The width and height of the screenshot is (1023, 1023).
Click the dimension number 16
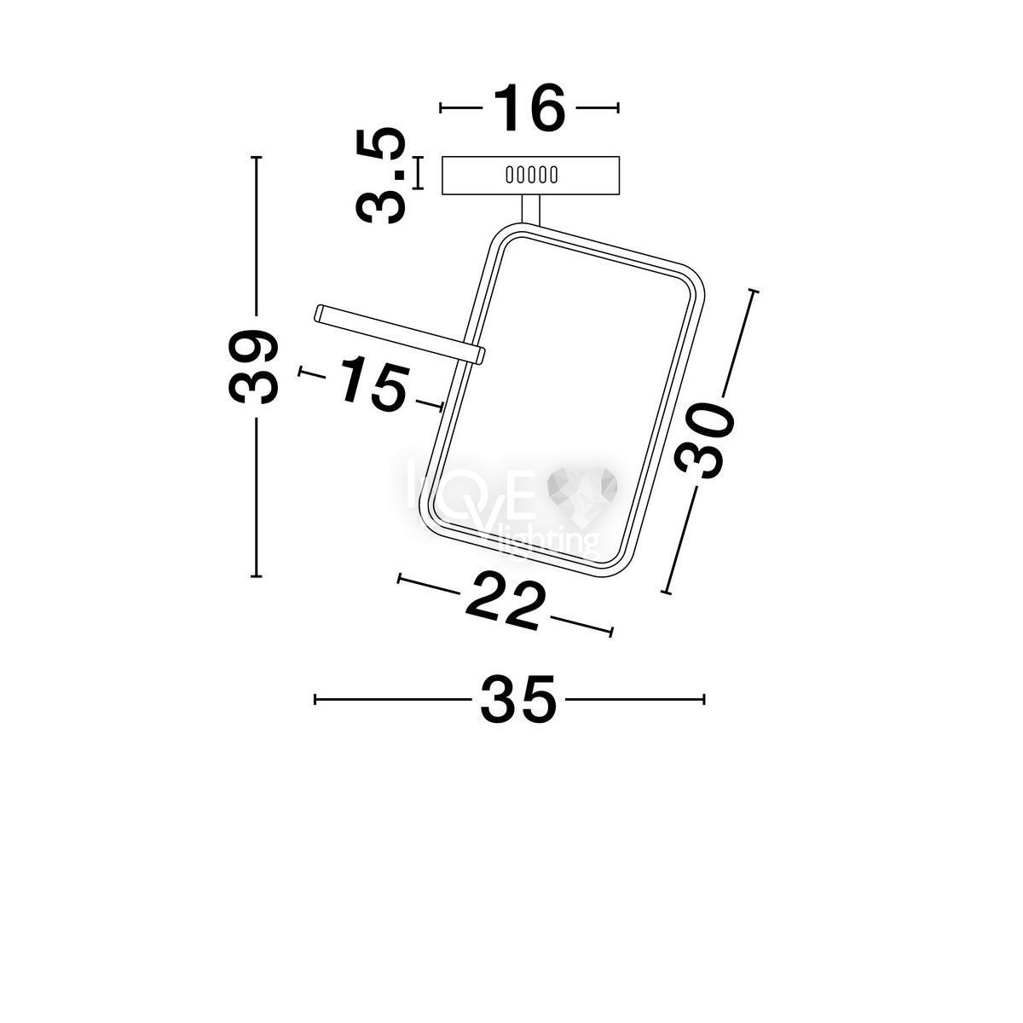click(529, 107)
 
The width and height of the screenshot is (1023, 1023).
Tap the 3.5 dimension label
click(380, 176)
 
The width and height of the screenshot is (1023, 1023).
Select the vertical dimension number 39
click(253, 367)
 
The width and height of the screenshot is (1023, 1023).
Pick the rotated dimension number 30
click(705, 440)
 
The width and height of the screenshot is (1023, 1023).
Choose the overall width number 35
click(518, 700)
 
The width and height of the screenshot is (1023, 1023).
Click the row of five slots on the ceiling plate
click(531, 175)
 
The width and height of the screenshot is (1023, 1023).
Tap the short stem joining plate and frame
click(531, 209)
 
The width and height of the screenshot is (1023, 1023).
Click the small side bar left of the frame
click(400, 334)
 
